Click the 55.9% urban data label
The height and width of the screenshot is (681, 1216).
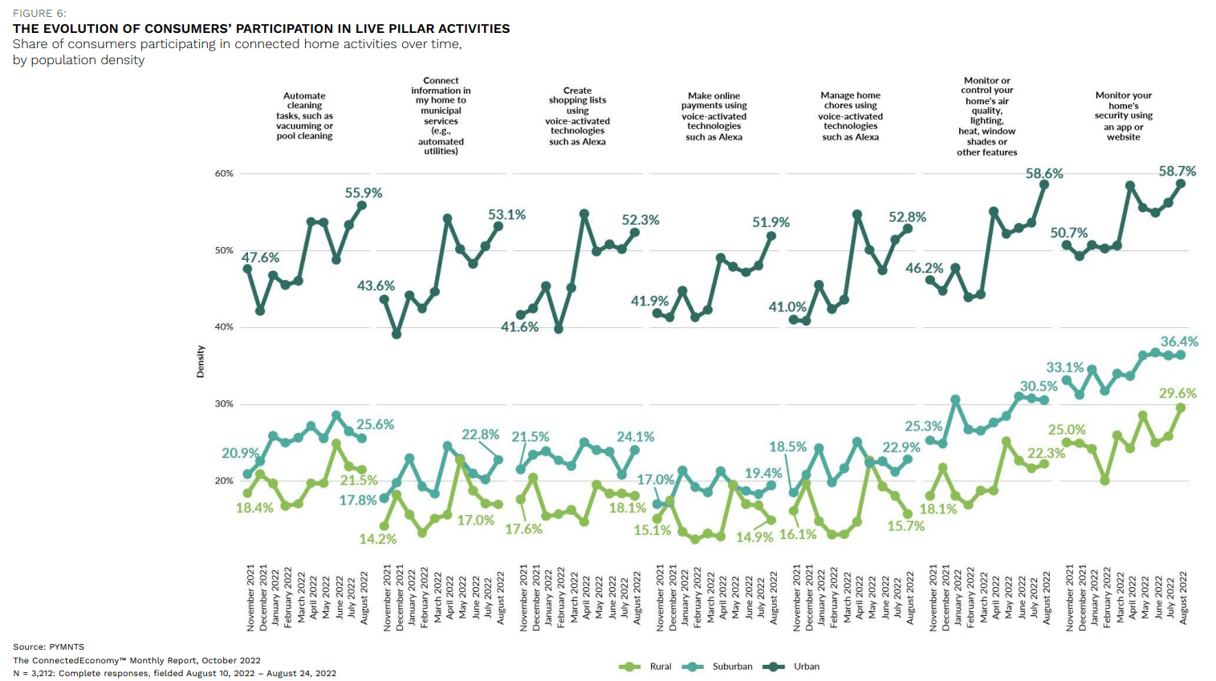pyautogui.click(x=364, y=193)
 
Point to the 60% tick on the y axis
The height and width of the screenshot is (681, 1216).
pyautogui.click(x=224, y=173)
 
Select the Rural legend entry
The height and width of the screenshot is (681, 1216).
pyautogui.click(x=646, y=667)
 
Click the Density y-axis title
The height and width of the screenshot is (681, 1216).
pyautogui.click(x=201, y=362)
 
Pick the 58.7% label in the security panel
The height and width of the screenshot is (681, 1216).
pyautogui.click(x=1177, y=172)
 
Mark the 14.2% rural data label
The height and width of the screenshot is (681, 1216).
pyautogui.click(x=377, y=539)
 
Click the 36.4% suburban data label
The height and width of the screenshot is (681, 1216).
pyautogui.click(x=1179, y=342)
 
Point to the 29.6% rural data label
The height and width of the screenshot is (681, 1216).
pyautogui.click(x=1177, y=394)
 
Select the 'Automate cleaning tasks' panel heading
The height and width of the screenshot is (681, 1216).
pyautogui.click(x=304, y=116)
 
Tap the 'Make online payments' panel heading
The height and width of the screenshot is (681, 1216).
pyautogui.click(x=714, y=116)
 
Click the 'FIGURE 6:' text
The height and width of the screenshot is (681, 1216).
pyautogui.click(x=39, y=14)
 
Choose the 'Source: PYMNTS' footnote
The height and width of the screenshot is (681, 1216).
pyautogui.click(x=48, y=647)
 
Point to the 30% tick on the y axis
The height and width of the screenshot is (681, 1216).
pyautogui.click(x=224, y=404)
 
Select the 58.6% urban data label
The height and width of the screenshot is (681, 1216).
pyautogui.click(x=1044, y=173)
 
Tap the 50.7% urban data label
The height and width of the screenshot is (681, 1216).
pyautogui.click(x=1069, y=233)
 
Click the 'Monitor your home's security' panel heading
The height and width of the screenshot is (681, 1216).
pyautogui.click(x=1123, y=116)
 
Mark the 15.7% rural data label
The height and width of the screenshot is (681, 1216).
pyautogui.click(x=906, y=526)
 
